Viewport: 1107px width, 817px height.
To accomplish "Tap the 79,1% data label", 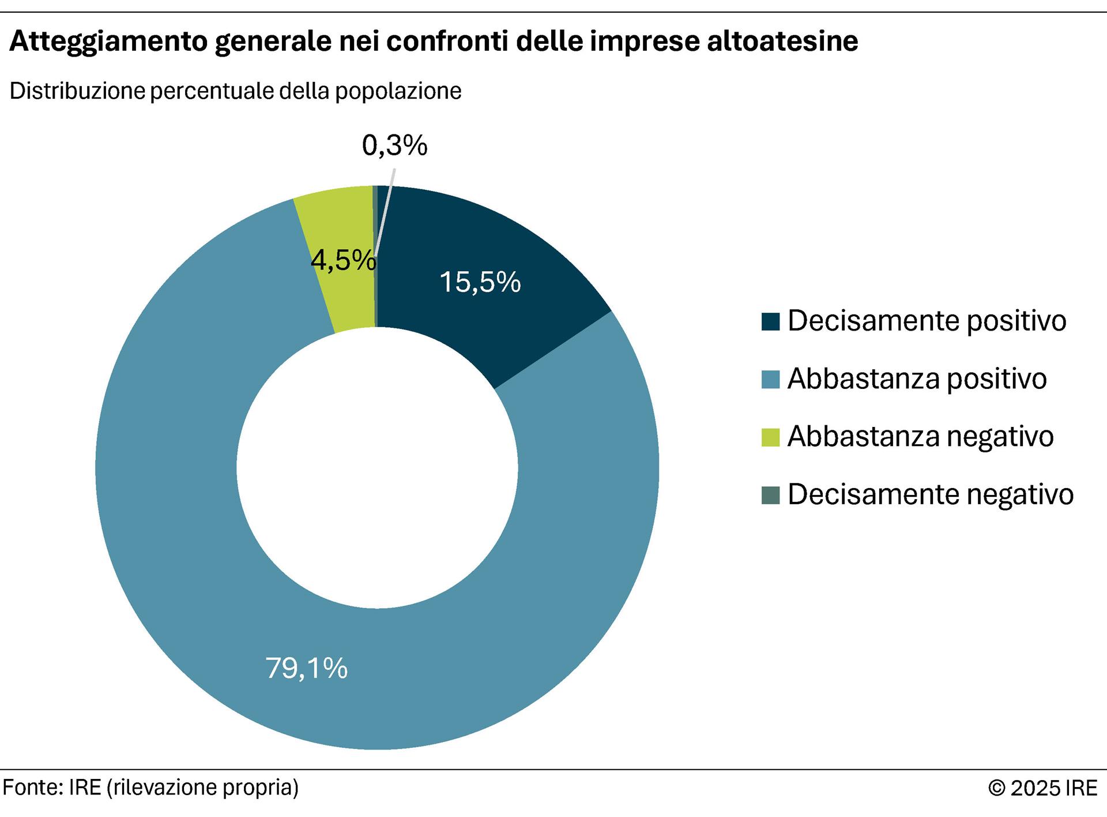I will point(306,668).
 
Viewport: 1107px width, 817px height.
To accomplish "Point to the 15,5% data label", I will point(480,282).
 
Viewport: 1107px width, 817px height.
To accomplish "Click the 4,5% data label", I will point(343,261).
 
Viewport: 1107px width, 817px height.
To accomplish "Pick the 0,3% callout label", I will point(394,145).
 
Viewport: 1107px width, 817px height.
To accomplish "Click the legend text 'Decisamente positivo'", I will point(927,321).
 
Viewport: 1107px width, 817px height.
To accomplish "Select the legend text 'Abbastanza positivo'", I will point(917,379).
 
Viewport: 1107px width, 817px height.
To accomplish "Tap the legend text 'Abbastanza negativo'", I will point(920,436).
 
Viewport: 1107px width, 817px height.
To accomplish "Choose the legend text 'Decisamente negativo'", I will point(930,494).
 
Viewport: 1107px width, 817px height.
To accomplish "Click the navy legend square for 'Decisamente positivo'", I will point(770,321).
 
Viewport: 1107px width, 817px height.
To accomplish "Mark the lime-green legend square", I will point(770,437).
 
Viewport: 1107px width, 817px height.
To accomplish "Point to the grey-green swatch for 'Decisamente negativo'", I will point(770,495).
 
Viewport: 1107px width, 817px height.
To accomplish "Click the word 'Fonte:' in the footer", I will point(32,788).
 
